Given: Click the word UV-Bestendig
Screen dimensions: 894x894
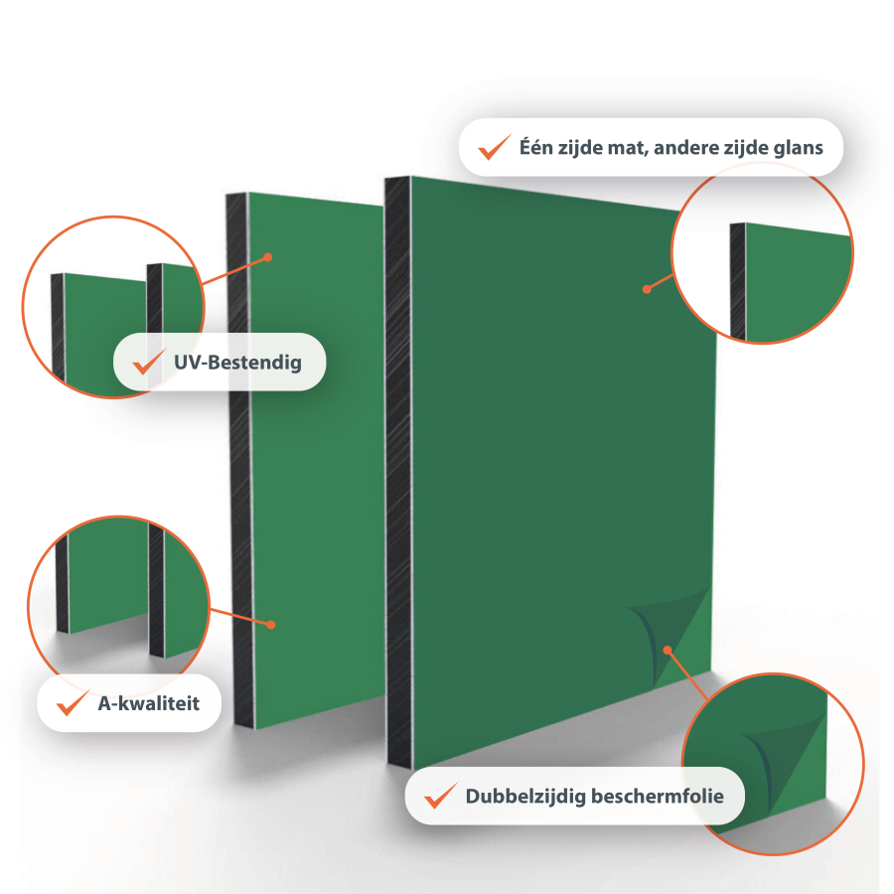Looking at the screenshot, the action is click(x=237, y=363).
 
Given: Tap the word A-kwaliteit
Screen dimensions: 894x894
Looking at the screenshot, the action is click(x=149, y=703).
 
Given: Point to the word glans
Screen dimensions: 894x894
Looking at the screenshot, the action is click(x=799, y=148).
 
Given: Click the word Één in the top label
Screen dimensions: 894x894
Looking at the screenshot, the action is click(x=536, y=147).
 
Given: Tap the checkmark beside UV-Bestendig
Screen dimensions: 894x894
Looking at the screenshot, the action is click(x=149, y=362).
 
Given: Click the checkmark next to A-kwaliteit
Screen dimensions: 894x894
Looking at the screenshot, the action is click(x=73, y=703).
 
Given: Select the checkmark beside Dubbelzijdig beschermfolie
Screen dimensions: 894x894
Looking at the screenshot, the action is click(x=441, y=796).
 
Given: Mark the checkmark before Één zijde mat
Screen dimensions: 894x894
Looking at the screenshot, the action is click(x=495, y=147).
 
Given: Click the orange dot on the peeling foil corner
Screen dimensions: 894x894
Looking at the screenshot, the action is click(x=668, y=650).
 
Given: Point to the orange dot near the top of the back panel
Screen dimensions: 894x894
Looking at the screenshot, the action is click(x=268, y=257).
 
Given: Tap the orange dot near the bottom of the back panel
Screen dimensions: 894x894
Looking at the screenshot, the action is click(x=271, y=625).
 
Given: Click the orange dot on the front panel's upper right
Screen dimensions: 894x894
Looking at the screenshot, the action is click(x=647, y=289).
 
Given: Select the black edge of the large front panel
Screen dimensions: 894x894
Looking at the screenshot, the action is click(x=398, y=473).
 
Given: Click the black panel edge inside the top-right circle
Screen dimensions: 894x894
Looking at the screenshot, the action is click(x=738, y=281).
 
